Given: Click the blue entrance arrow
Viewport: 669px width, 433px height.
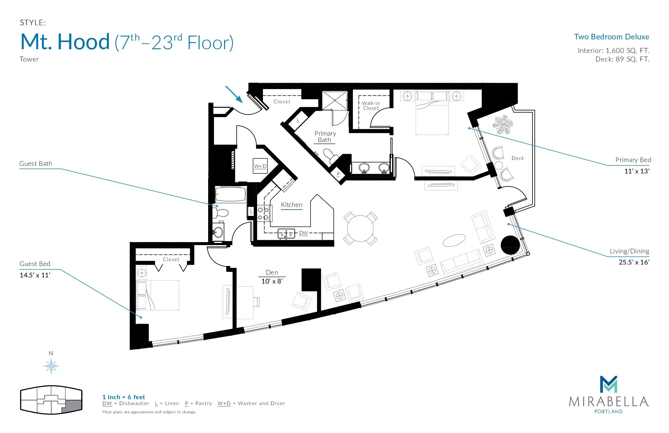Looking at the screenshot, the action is point(234,94).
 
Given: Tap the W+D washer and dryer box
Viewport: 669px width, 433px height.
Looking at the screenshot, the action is point(260,166).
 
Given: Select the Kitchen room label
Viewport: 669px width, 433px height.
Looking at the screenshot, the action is point(291,205).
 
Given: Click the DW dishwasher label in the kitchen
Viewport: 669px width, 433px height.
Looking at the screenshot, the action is point(303,233).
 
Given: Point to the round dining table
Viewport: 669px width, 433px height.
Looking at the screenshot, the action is point(360,228).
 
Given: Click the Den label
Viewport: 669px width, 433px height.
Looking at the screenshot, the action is point(272,272).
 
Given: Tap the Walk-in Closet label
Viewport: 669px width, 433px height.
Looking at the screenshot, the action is point(371,105).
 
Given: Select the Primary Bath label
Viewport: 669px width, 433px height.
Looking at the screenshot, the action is point(325,137).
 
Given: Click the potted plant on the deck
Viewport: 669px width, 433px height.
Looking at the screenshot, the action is point(503,125).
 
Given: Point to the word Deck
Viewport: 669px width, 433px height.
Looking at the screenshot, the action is point(518,158).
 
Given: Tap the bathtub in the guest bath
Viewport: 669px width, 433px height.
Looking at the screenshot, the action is point(231,195).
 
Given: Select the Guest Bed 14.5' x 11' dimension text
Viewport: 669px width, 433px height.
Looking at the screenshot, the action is point(35,275).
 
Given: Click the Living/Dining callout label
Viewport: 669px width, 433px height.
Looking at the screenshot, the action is point(629,251).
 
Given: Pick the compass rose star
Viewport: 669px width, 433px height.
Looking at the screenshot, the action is point(51,366).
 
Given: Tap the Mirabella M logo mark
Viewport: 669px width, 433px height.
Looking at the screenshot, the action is point(609,384).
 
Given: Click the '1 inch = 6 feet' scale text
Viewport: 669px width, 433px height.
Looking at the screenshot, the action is point(124,397).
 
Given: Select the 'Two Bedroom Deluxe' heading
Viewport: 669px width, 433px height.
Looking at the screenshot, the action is point(612,37).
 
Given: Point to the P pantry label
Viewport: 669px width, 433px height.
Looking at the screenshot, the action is point(338,174).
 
